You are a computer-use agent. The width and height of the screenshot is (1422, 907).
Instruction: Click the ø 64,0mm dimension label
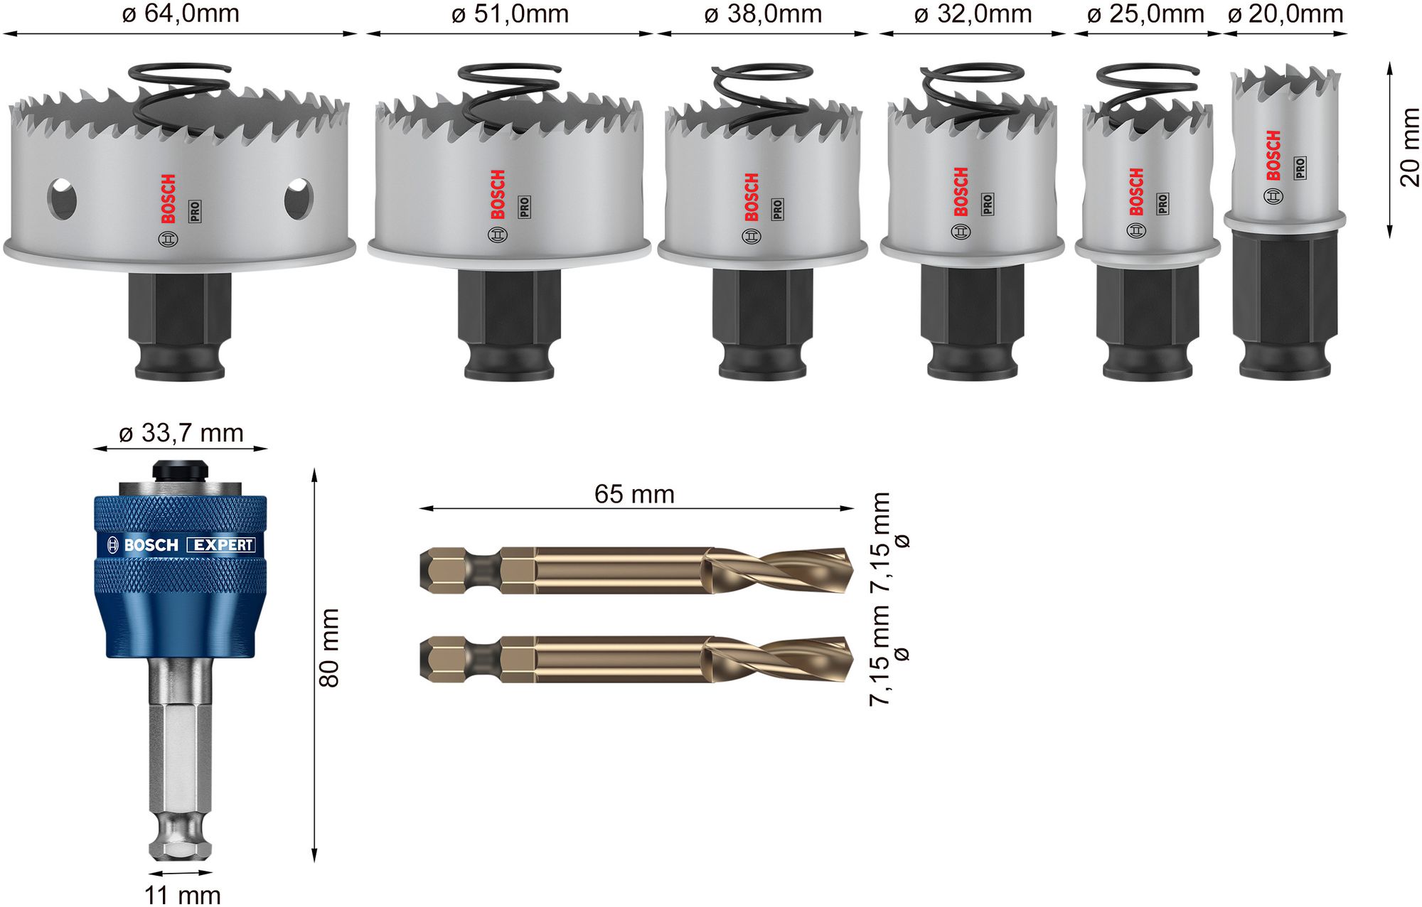pyautogui.click(x=181, y=14)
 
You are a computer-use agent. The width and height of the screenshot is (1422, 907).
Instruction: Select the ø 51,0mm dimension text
pyautogui.click(x=510, y=14)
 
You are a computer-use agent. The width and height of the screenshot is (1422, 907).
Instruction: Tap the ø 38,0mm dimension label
pyautogui.click(x=763, y=14)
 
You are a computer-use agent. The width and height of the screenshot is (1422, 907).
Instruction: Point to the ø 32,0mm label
pyautogui.click(x=973, y=14)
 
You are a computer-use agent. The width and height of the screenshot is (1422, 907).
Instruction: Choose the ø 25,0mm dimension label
pyautogui.click(x=1145, y=14)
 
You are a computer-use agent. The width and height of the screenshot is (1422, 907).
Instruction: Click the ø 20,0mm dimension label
pyautogui.click(x=1285, y=14)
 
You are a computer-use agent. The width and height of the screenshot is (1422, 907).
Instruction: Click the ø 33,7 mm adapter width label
pyautogui.click(x=181, y=433)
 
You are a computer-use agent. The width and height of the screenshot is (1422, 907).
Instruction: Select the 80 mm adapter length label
pyautogui.click(x=329, y=648)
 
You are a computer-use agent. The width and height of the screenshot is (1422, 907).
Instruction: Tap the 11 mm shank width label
pyautogui.click(x=182, y=895)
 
